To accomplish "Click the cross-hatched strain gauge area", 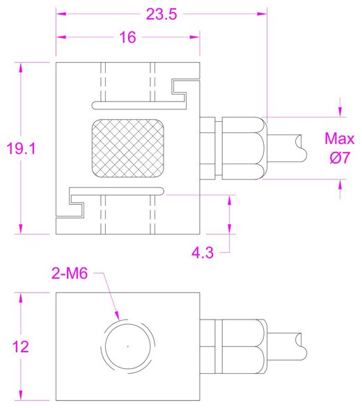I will (127, 148).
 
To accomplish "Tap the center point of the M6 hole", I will (128, 345).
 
